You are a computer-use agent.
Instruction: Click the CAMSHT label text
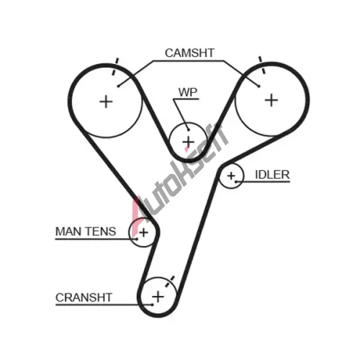pos(189,53)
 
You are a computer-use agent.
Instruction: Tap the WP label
pos(188,92)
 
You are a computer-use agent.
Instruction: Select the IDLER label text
pos(272,175)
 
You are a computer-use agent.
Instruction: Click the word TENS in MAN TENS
pos(101,232)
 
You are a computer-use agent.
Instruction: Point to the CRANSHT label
pos(84,297)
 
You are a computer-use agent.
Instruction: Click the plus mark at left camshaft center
pos(106,102)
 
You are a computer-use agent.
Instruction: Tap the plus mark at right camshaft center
pos(271,100)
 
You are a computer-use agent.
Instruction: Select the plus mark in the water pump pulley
pos(189,142)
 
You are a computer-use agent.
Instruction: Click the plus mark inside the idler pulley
pos(231,176)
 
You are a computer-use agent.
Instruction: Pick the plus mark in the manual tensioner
pos(143,233)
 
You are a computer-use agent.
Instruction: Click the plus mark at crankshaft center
pos(158,297)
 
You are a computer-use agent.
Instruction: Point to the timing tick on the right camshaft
pos(261,65)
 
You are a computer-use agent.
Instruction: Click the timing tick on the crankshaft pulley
pos(170,281)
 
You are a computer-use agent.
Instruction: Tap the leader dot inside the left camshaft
pos(118,86)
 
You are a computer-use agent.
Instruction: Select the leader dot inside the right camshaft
pos(258,86)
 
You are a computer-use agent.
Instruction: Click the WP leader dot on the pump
pos(189,130)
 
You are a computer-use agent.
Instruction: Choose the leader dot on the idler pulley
pos(236,181)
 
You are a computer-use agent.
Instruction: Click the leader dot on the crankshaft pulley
pos(152,305)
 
